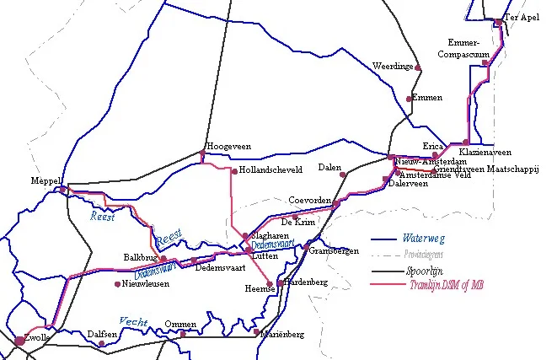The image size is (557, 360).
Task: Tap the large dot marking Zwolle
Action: (x=19, y=341)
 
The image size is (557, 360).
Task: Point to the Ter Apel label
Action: (x=520, y=17)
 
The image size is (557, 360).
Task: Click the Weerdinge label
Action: (x=393, y=66)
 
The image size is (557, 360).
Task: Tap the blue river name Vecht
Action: (x=133, y=320)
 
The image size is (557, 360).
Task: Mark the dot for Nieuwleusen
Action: (x=117, y=284)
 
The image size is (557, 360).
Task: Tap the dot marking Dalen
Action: (x=343, y=175)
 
